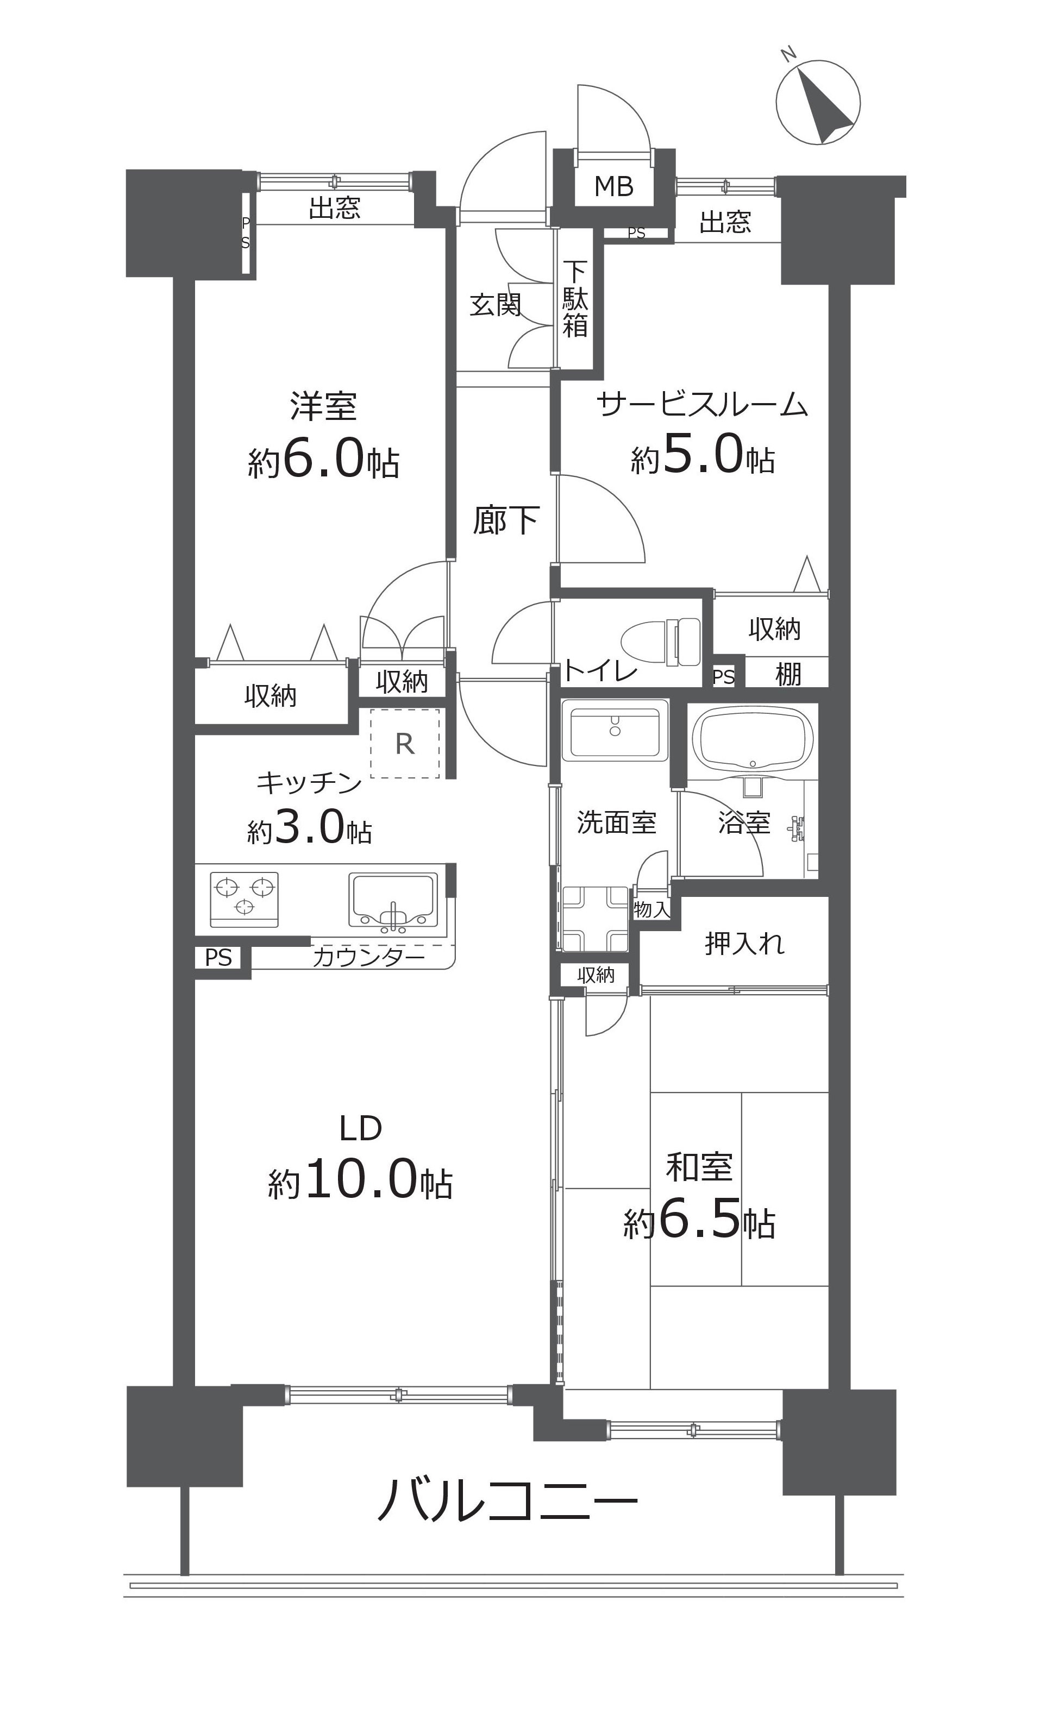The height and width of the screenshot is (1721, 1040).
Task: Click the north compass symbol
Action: tap(818, 102)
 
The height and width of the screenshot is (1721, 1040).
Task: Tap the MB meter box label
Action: tap(614, 186)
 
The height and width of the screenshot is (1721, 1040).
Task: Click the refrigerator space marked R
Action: tap(405, 743)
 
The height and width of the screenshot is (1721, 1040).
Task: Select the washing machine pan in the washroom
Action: tap(595, 919)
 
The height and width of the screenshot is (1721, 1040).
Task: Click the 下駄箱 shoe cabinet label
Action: tap(575, 299)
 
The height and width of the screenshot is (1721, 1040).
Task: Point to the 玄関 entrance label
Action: tap(495, 305)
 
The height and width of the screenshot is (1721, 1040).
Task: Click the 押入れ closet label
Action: tap(744, 944)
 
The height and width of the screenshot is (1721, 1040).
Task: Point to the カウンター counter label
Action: tap(368, 957)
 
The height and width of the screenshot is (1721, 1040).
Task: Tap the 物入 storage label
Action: tap(651, 909)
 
